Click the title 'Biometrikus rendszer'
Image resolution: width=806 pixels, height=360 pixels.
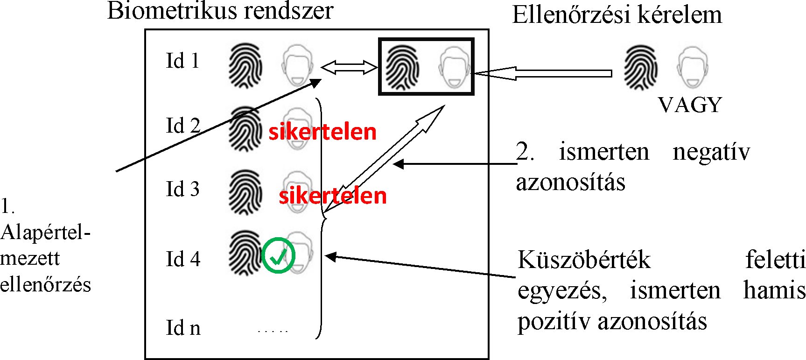coord(220,11)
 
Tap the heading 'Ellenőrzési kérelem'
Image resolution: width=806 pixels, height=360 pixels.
coord(617,15)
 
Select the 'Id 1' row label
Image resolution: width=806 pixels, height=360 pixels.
coord(182,61)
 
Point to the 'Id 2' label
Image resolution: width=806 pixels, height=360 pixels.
coord(183,126)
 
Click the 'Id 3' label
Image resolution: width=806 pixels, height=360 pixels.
coord(182,189)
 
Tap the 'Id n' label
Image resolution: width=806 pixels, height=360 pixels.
coord(183,328)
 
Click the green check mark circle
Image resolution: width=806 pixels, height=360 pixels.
coord(278,255)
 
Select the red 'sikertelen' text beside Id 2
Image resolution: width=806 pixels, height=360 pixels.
coord(322,132)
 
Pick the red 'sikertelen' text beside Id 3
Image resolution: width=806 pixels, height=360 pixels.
coord(333,196)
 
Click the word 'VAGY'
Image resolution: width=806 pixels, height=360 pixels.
coord(690,105)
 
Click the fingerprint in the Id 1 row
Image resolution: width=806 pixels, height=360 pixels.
coord(245,66)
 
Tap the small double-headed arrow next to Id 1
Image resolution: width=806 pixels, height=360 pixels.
coord(349,69)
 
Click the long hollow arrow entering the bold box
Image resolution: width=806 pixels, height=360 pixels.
coord(541,73)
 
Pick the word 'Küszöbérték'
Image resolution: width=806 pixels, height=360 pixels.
coord(584,260)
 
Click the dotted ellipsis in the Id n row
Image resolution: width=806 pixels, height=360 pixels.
coord(273,331)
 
